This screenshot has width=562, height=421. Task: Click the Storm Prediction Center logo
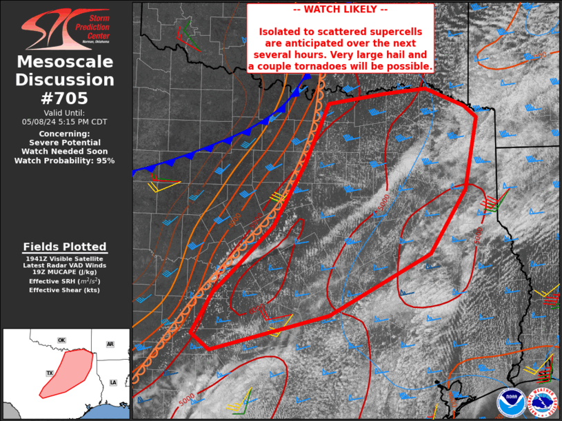tap(66, 29)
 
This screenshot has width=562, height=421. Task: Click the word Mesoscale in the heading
tap(66, 63)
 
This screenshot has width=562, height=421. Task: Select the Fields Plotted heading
tap(65, 247)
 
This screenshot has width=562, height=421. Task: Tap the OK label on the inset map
tap(61, 340)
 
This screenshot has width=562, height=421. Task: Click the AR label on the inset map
tap(110, 344)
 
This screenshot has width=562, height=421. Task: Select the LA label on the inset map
tap(113, 382)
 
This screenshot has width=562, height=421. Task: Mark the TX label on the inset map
tap(50, 373)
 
